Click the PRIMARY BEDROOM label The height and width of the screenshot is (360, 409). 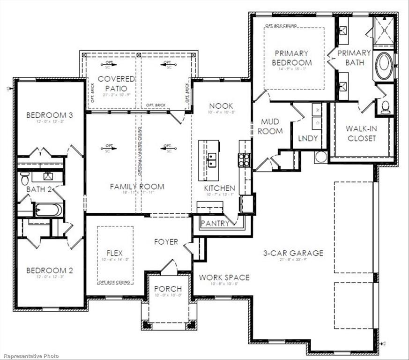tap(293, 58)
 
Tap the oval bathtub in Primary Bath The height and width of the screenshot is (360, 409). tap(384, 66)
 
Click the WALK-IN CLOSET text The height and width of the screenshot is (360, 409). tap(361, 133)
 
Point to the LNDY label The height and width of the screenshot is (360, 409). tap(308, 138)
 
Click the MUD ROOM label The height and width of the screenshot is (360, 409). tap(270, 127)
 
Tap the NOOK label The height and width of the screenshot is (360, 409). tap(221, 106)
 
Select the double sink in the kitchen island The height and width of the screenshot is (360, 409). tap(212, 159)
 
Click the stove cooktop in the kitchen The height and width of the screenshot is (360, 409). tap(244, 160)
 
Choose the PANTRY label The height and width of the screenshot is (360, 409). tap(215, 223)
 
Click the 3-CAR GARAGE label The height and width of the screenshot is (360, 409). tap(293, 253)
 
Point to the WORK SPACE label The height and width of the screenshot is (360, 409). tap(224, 277)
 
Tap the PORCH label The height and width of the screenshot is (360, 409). tap(168, 289)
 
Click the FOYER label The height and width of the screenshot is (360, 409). tap(166, 242)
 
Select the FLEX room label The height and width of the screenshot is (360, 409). tap(114, 253)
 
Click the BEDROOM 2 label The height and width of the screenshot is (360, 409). tap(50, 270)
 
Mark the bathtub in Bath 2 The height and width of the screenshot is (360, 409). tap(48, 209)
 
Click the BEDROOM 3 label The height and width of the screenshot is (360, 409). tap(49, 115)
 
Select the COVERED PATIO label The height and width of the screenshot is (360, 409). tap(116, 83)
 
